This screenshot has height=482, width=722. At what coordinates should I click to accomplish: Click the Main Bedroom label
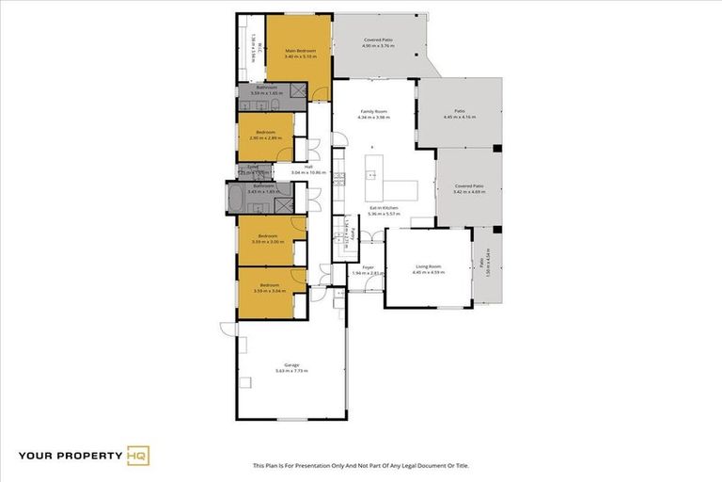point(299,50)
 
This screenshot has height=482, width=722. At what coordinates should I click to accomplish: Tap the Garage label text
point(291,364)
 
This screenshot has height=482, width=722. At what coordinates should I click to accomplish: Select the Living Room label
point(429,266)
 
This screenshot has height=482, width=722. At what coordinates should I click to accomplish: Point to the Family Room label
point(374,111)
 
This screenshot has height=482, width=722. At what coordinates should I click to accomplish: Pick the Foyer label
point(368,266)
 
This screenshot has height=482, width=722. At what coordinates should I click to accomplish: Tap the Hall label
point(307,167)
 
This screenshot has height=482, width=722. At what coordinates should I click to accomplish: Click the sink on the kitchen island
point(372,175)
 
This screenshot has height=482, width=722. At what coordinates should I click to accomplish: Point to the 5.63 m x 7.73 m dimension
point(291,371)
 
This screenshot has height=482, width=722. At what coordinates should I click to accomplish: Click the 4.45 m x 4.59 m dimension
point(429,272)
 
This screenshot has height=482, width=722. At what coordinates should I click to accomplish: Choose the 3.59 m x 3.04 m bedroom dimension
point(269,291)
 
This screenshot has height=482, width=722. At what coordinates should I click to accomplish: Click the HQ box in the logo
point(137,457)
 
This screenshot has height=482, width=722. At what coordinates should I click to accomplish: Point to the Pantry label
point(344,231)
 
